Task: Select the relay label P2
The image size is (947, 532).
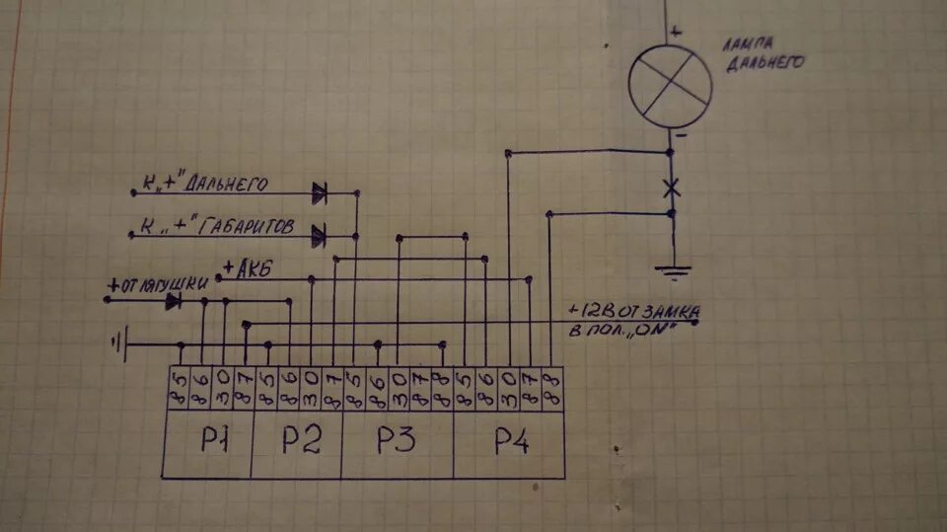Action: [x=301, y=440]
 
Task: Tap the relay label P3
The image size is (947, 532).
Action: [x=397, y=441]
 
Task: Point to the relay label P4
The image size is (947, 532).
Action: [x=510, y=443]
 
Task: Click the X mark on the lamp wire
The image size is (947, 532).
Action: [x=671, y=186]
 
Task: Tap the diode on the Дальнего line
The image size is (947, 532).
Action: [x=320, y=192]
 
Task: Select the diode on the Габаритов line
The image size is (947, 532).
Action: [x=319, y=236]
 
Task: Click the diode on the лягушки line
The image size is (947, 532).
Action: [x=174, y=301]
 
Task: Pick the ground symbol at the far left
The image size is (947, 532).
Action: [x=117, y=344]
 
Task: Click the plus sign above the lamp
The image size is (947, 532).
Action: [x=676, y=32]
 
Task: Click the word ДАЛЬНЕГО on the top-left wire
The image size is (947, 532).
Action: [x=229, y=184]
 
